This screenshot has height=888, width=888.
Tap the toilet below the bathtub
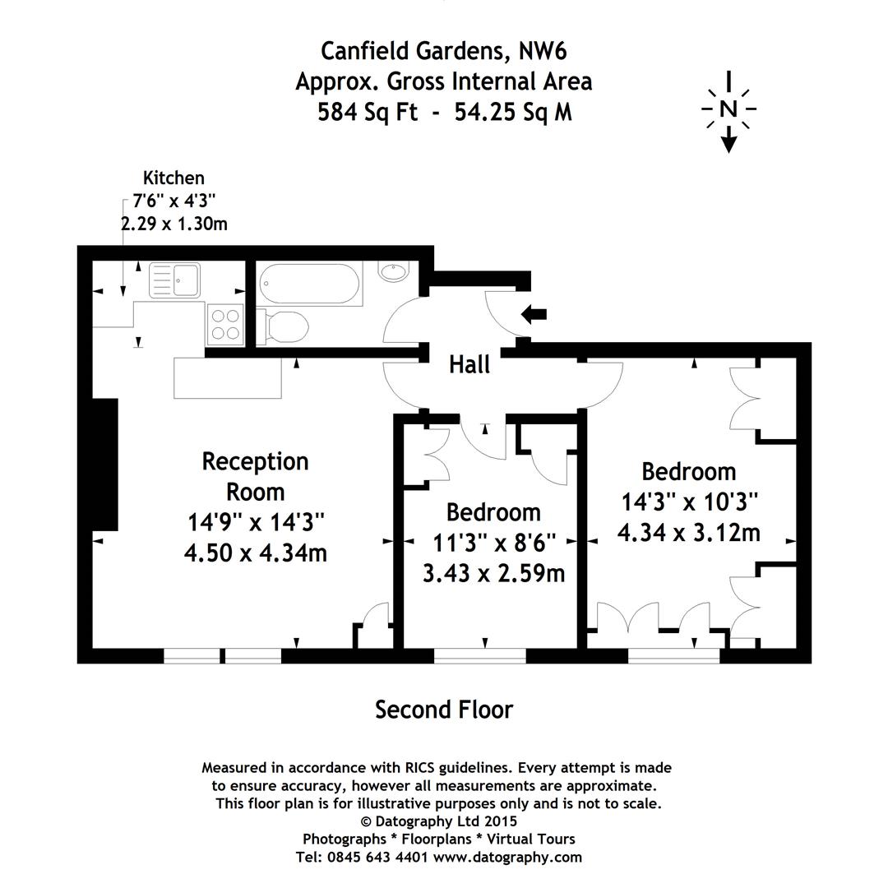284,326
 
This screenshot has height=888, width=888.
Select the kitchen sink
174,280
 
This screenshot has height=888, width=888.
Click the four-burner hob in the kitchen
225,322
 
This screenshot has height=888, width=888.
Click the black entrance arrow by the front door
534,313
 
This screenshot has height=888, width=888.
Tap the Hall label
469,364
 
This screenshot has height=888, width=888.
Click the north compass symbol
728,109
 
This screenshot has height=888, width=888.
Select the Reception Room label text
256,476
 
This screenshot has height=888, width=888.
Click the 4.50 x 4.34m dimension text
256,553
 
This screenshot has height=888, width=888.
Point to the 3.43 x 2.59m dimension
493,572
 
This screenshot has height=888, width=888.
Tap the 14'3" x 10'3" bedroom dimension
688,502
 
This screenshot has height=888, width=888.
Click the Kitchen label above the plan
173,178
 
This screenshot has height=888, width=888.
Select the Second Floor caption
444,709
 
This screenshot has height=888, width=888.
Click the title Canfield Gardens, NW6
444,51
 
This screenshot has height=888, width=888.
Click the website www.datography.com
507,857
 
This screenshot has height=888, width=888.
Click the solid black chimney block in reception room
105,465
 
